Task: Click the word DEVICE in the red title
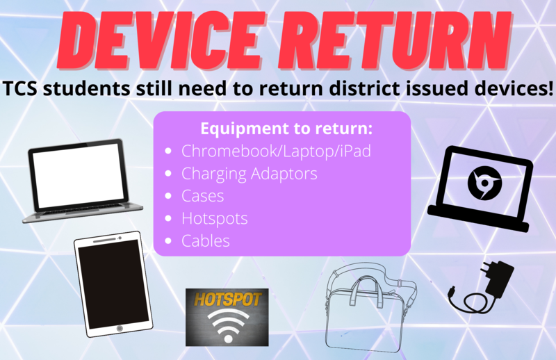161,40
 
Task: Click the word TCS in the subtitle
20,89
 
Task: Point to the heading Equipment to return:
286,129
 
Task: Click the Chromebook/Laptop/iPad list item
276,151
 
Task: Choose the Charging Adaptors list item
250,174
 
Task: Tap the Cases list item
203,196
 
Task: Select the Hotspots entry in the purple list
215,218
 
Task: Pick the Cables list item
206,241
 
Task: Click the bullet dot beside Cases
168,196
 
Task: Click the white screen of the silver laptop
79,175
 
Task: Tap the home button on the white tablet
120,328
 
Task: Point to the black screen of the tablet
113,283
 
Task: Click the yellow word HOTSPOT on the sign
227,300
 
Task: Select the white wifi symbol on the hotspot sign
227,324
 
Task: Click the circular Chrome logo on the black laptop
484,183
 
